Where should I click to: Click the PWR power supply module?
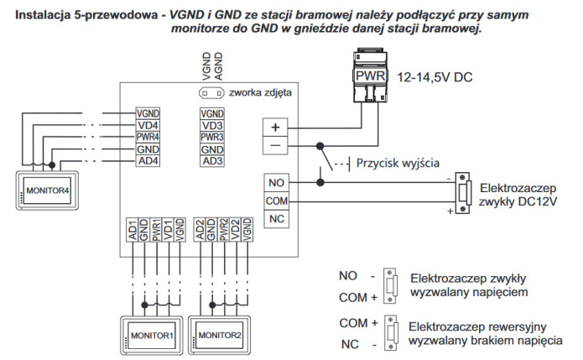click(x=370, y=75)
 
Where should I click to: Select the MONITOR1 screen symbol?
click(x=151, y=336)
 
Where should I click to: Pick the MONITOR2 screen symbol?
click(x=221, y=336)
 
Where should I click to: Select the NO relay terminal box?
click(x=276, y=183)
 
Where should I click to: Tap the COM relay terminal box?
click(x=276, y=201)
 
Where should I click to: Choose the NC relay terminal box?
click(x=276, y=219)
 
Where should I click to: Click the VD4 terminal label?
click(x=148, y=125)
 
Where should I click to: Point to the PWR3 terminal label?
click(x=212, y=137)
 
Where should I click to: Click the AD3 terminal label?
click(x=212, y=161)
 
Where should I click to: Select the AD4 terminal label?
click(x=148, y=161)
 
